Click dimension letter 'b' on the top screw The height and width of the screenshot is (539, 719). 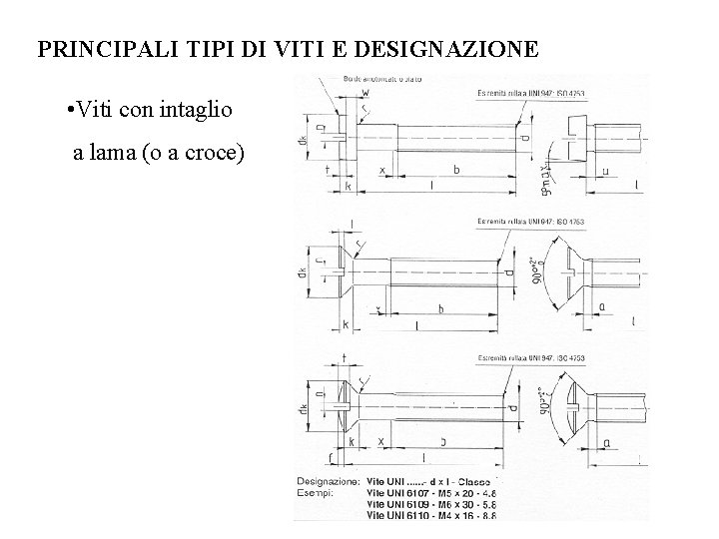pyautogui.click(x=456, y=170)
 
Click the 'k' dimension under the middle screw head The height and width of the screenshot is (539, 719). pyautogui.click(x=346, y=324)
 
